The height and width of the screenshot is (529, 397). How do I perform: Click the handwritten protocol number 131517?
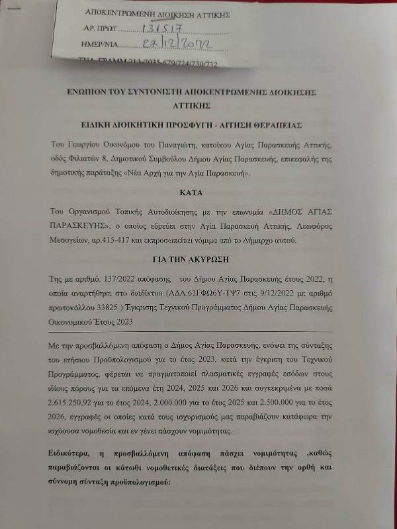[x=160, y=29]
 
